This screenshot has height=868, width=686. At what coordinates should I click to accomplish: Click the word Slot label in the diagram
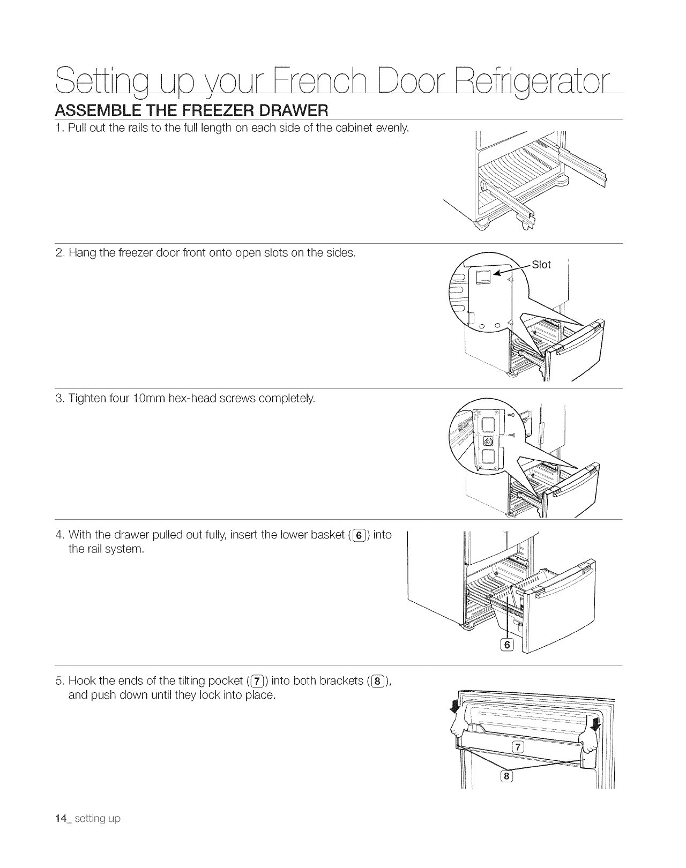541,265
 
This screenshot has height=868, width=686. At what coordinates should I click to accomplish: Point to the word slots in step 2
259,252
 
